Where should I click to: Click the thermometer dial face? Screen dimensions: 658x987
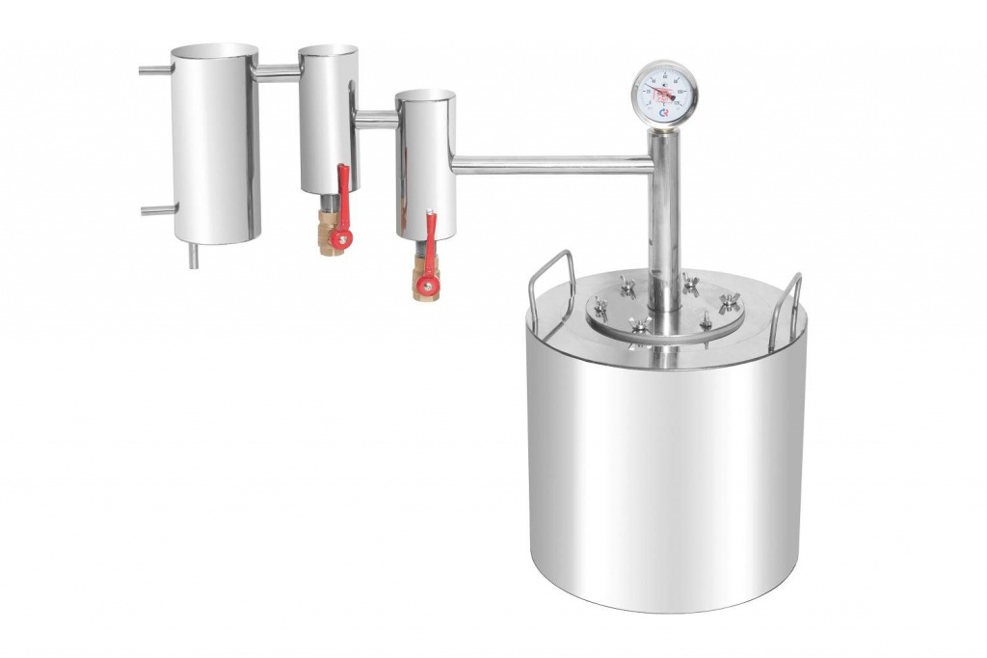[664, 93]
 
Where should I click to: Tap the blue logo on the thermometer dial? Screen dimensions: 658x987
[664, 114]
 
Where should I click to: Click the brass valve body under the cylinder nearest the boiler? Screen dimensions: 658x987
[423, 283]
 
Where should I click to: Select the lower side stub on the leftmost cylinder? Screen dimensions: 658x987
[158, 209]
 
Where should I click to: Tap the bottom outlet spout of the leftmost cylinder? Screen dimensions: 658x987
[193, 255]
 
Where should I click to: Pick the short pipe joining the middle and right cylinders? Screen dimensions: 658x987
[376, 119]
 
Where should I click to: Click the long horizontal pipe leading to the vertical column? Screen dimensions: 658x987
[549, 166]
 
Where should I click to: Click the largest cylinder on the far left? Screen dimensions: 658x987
[215, 145]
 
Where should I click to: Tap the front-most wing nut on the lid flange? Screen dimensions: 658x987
[639, 327]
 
